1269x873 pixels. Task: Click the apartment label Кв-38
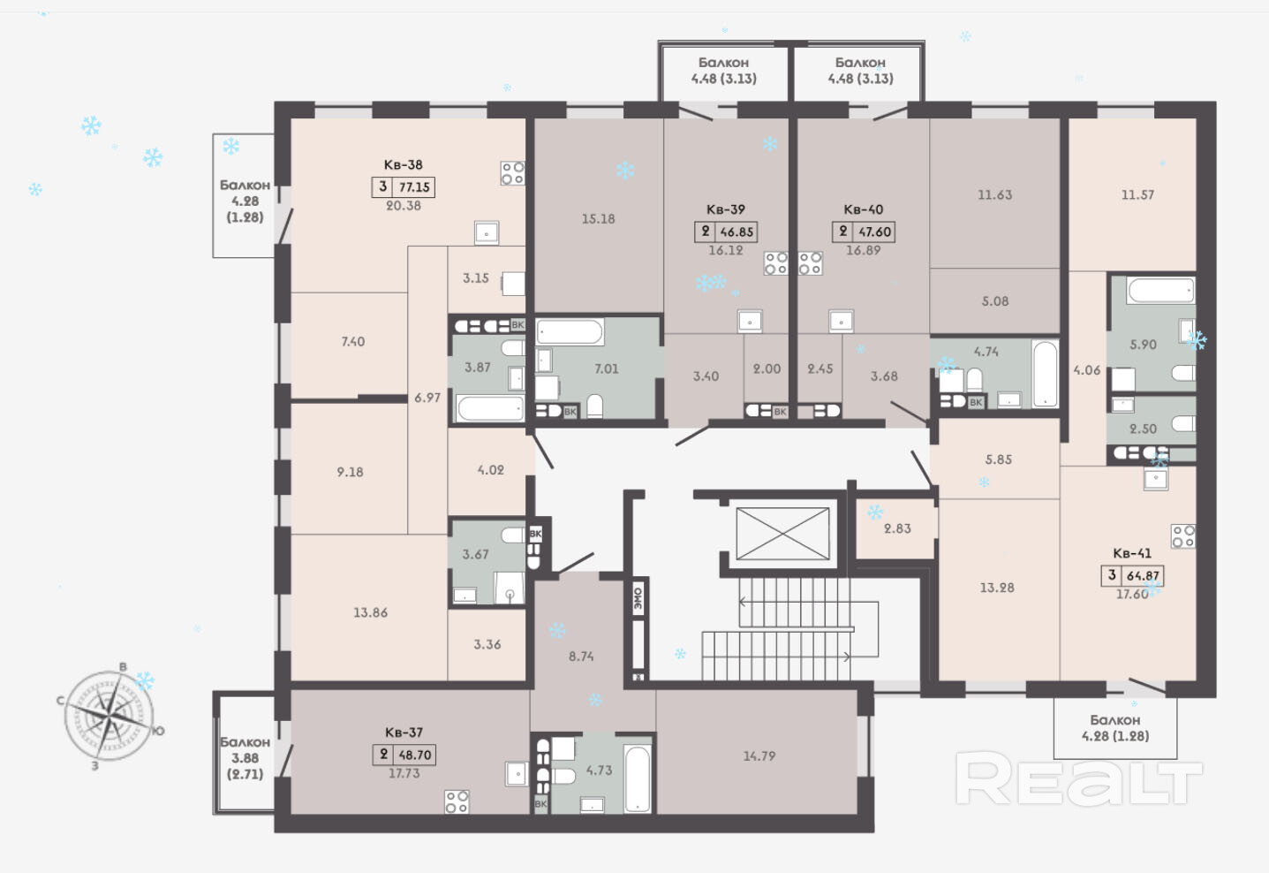(x=404, y=165)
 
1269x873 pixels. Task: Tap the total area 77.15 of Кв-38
(x=415, y=187)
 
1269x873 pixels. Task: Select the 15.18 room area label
(x=598, y=219)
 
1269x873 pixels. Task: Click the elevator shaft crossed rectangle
(x=782, y=534)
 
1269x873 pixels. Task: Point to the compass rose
(x=109, y=716)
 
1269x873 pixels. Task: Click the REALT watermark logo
(x=1078, y=778)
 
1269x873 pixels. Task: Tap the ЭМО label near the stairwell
(x=638, y=598)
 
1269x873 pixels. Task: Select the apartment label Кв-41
(x=1132, y=553)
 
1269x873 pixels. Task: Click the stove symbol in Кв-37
(x=457, y=801)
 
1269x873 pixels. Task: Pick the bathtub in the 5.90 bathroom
(x=1160, y=290)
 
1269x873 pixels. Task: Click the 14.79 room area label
(x=759, y=756)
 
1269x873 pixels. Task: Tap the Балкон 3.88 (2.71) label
(x=245, y=758)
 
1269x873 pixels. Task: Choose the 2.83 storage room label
(x=897, y=529)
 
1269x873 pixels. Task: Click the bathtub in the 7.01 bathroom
(x=570, y=332)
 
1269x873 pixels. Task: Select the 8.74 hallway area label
(x=581, y=657)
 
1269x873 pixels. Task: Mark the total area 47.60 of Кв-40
(x=875, y=232)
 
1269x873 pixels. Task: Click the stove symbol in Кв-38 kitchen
(x=512, y=173)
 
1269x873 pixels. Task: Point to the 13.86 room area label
(x=371, y=613)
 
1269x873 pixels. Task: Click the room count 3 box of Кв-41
(x=1112, y=575)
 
